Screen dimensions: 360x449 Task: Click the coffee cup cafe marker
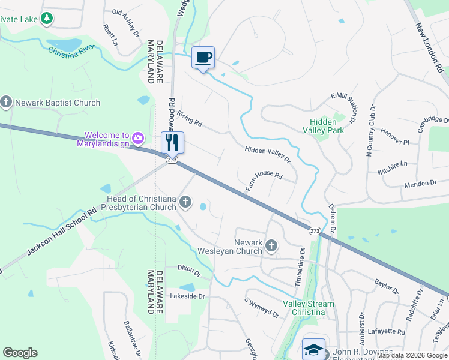(x=203, y=58)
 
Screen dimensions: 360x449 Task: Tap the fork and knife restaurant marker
(x=172, y=143)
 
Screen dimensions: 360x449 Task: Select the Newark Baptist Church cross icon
(x=7, y=103)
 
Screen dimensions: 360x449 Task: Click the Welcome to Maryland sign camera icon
(x=138, y=139)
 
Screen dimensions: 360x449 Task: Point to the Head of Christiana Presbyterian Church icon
(x=185, y=203)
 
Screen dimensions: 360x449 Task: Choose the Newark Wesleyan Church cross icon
(x=271, y=245)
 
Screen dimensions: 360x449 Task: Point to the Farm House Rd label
(x=264, y=182)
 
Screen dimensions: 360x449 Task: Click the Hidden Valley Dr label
(x=267, y=155)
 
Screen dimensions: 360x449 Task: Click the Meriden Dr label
(x=420, y=184)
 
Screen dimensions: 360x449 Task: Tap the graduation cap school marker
(x=313, y=349)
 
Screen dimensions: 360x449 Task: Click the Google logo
(x=20, y=352)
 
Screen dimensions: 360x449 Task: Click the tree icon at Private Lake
(x=46, y=19)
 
